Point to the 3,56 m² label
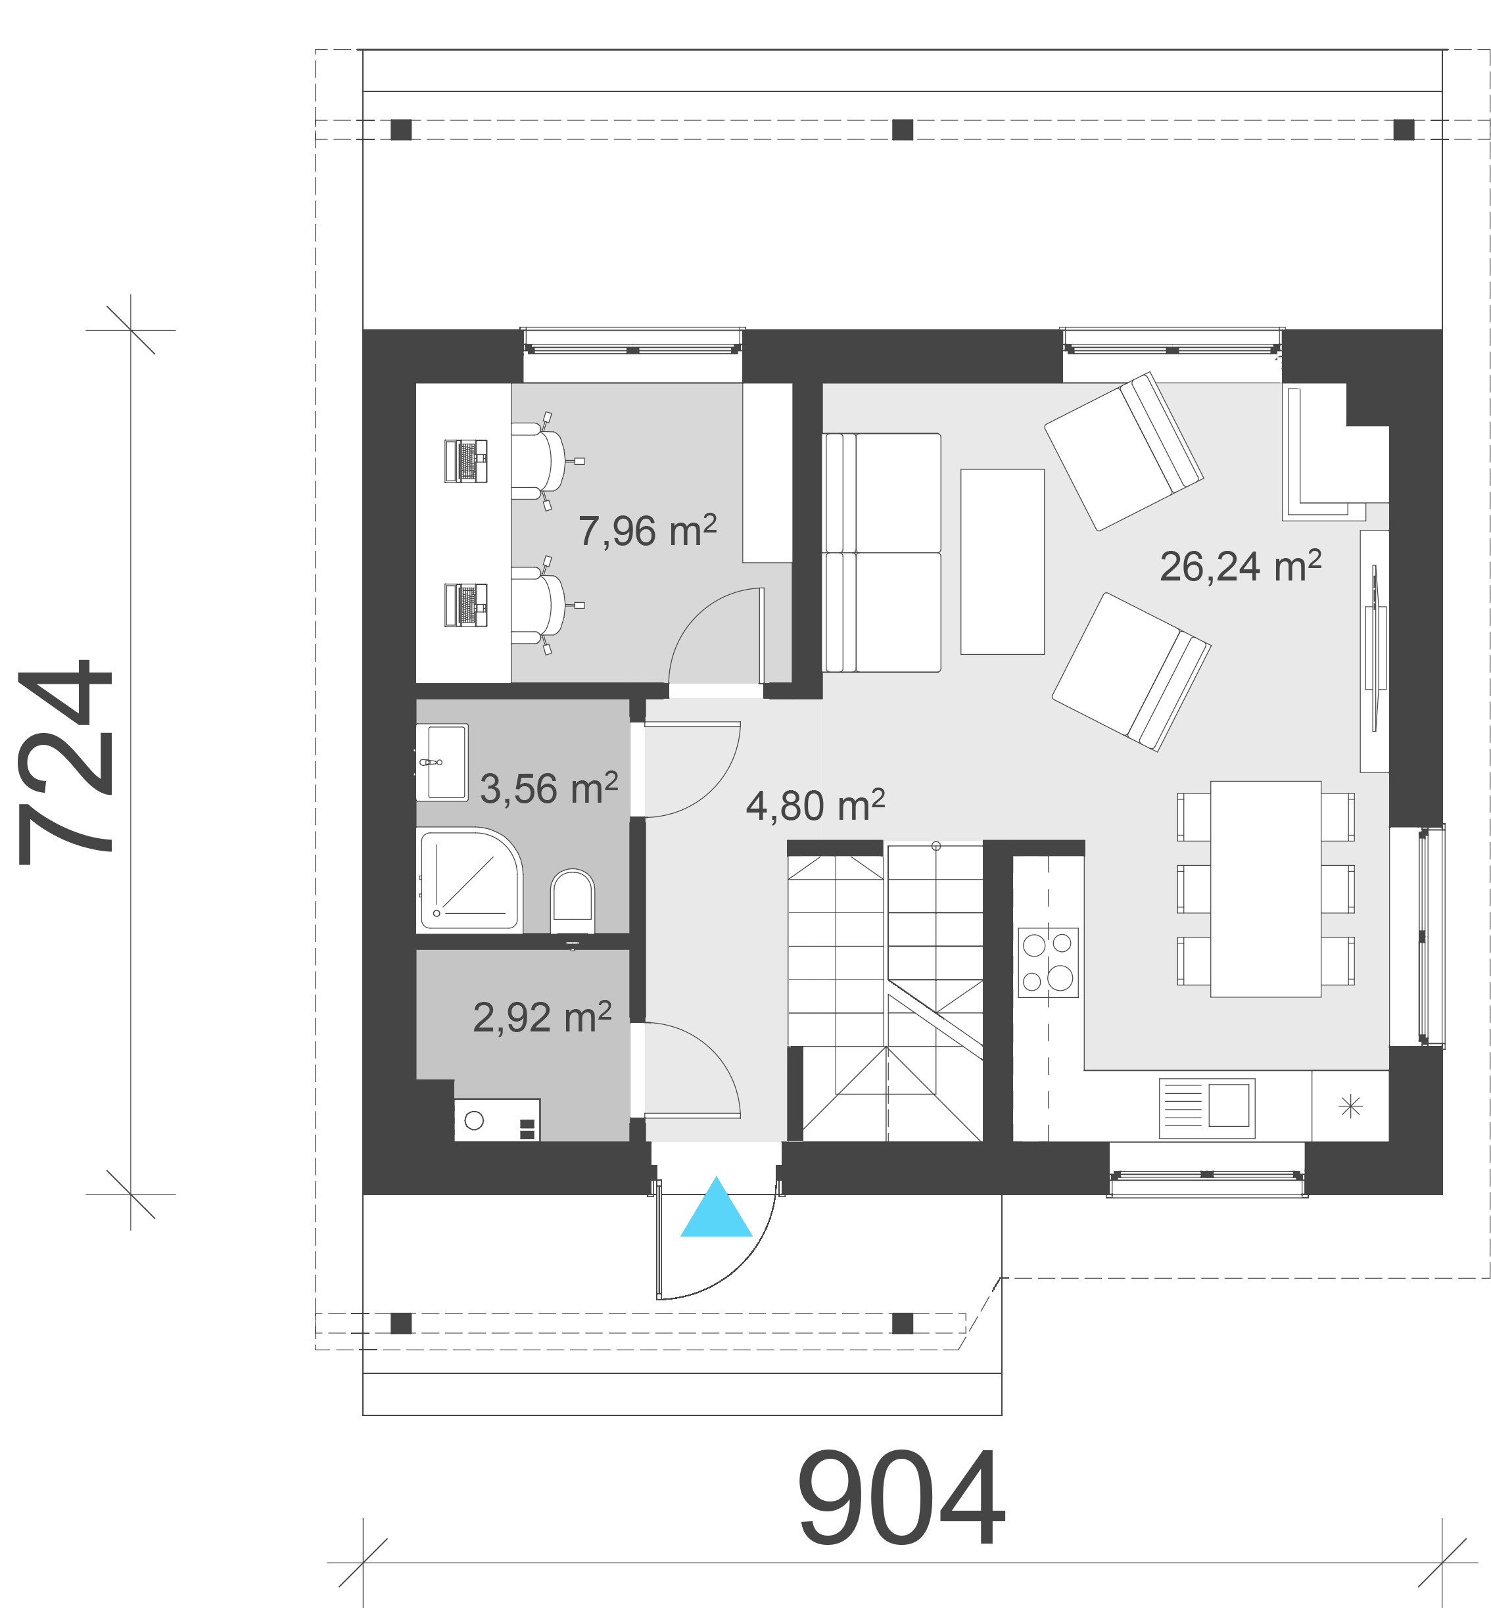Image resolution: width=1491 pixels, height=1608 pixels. coord(549,788)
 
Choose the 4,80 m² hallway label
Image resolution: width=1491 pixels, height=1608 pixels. coord(815,805)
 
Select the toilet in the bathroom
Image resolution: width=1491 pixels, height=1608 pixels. coord(572,901)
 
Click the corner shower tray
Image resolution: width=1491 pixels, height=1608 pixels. coord(469,879)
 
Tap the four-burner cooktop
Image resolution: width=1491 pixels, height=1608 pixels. coord(1048,962)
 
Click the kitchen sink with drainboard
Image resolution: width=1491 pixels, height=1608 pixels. coord(1207,1108)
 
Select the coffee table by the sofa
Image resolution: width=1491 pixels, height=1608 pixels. coord(1002,561)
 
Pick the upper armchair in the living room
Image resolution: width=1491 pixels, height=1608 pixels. coord(1124,451)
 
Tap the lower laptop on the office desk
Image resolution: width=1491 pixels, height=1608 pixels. coord(466,605)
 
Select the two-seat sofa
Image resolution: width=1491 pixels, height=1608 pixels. coord(882,553)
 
